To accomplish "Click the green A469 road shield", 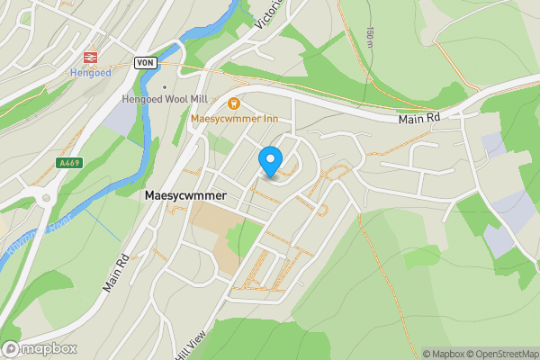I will pos(68,163).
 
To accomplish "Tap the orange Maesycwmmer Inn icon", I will pos(234,104).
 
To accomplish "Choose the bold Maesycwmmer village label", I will pos(184,194).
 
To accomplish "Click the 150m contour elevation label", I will pos(371,38).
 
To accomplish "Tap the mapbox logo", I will pos(40,348).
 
